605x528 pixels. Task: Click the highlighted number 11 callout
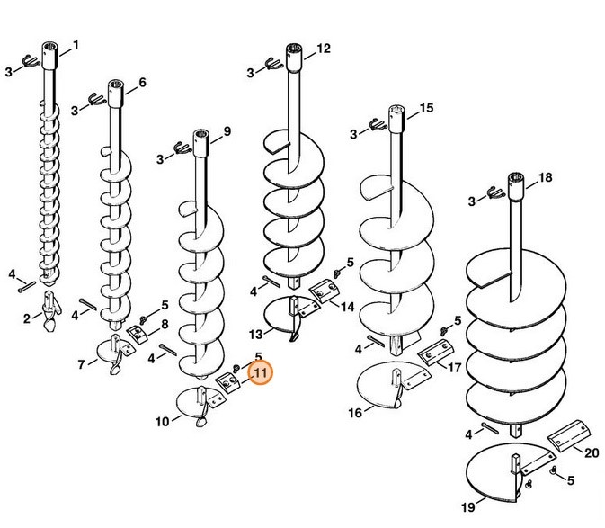click(261, 373)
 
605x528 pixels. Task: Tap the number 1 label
click(76, 45)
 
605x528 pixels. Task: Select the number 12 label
click(324, 49)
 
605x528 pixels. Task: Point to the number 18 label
click(545, 177)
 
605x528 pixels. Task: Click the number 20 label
click(592, 452)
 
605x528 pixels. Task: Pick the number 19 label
click(468, 507)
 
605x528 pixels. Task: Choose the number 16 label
click(355, 413)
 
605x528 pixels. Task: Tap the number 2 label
click(27, 318)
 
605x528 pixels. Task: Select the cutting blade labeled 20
click(570, 435)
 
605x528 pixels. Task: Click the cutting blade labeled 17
click(434, 352)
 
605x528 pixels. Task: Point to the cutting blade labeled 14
click(325, 291)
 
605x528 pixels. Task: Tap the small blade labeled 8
click(138, 334)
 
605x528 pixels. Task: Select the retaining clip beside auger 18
click(495, 192)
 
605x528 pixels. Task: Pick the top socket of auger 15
click(396, 119)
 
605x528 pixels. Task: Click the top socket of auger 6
click(116, 93)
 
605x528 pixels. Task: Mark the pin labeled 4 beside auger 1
click(27, 287)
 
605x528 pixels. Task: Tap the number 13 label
click(256, 335)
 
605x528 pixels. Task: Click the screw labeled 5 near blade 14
click(338, 273)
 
